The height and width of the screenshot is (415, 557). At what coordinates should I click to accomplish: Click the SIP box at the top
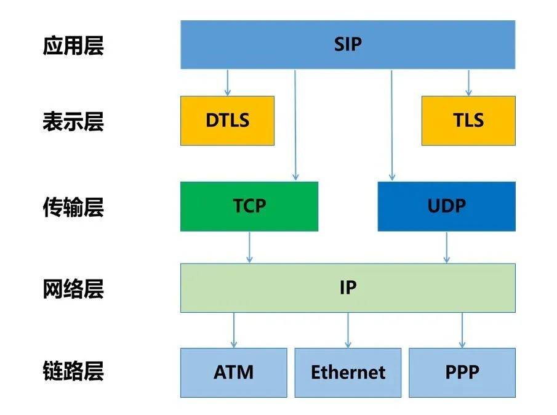[348, 44]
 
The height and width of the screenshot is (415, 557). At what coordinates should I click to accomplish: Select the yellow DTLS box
[227, 121]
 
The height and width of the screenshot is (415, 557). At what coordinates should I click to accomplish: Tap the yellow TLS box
[468, 121]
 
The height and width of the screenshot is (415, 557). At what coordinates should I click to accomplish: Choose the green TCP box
[249, 206]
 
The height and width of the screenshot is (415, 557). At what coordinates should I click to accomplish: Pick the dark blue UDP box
[447, 206]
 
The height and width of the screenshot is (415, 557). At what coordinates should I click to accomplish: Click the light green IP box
[348, 288]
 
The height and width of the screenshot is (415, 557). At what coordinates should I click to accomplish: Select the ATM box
[234, 373]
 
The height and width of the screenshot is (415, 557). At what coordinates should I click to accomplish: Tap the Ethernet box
[348, 373]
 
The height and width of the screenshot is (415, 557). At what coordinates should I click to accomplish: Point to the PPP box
[462, 373]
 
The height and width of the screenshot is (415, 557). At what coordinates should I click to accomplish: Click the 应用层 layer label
[73, 46]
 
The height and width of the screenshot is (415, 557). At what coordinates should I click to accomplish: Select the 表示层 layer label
[73, 121]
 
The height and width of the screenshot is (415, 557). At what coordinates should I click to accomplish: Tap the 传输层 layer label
[73, 207]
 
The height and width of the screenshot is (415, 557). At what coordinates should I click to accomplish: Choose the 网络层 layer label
[73, 289]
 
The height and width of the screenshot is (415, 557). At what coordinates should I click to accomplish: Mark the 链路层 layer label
[73, 371]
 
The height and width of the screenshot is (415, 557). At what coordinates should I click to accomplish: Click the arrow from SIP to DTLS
[227, 83]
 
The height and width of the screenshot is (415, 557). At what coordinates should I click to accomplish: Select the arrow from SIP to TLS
[468, 83]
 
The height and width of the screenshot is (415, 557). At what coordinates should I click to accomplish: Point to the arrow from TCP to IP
[249, 248]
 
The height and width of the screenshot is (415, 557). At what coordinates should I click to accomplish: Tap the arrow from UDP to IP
[447, 248]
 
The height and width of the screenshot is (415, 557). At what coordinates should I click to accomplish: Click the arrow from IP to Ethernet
[348, 331]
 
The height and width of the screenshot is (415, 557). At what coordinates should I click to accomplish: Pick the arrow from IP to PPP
[462, 331]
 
